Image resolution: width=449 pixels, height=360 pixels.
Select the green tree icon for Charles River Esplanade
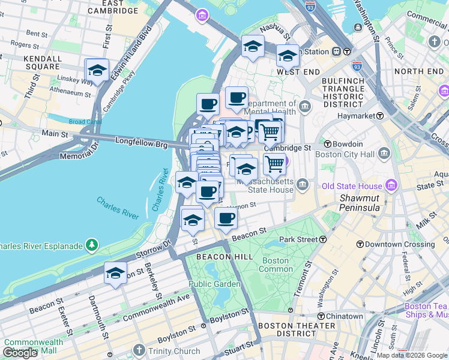[91, 244]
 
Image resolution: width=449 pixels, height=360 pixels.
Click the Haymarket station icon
[380, 115]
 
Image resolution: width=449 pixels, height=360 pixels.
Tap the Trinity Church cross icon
[139, 350]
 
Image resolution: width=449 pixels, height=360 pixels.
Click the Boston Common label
[275, 265]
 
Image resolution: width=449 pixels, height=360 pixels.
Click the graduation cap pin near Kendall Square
[97, 71]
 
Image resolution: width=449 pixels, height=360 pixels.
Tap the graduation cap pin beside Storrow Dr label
[115, 274]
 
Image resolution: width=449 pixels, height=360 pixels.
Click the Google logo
[20, 353]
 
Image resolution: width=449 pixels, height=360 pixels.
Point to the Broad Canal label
[85, 122]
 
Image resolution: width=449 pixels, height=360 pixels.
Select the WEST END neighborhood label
[296, 72]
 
